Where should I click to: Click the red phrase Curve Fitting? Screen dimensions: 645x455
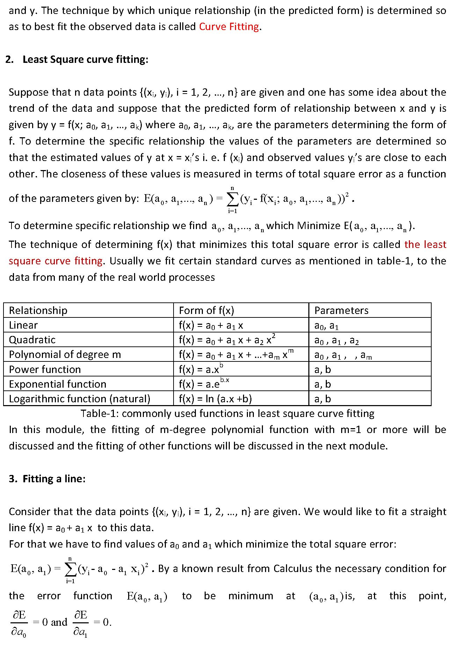point(229,27)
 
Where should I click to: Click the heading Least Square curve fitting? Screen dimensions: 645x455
point(85,59)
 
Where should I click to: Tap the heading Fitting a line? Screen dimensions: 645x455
point(54,478)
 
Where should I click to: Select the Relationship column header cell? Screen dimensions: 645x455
point(38,310)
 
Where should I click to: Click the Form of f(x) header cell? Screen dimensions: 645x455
point(206,310)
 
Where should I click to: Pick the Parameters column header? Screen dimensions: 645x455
point(341,310)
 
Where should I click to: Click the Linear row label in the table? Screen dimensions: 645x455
point(23,325)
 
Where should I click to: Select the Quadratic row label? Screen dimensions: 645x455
point(32,340)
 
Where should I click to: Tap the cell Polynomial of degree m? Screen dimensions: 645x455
point(65,354)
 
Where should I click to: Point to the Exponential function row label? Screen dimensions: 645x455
point(58,384)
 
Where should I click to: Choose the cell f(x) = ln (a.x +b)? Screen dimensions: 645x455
point(215,399)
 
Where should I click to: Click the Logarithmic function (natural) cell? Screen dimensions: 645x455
point(80,399)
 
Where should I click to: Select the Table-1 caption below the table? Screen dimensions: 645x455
point(227,413)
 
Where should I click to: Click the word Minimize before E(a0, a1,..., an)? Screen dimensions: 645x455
point(318,226)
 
